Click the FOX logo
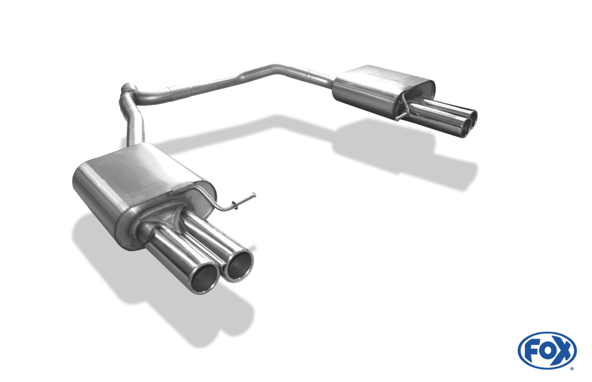click(x=547, y=350)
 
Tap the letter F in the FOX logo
click(x=531, y=351)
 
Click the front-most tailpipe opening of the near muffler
click(x=204, y=278)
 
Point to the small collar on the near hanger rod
click(x=235, y=205)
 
